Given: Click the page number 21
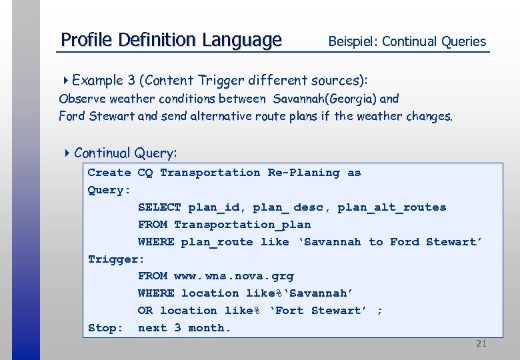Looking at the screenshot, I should pyautogui.click(x=481, y=344).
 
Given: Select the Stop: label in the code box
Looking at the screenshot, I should pyautogui.click(x=105, y=328).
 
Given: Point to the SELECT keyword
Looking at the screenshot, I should pyautogui.click(x=159, y=207).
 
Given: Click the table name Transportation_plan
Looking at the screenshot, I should pyautogui.click(x=242, y=225).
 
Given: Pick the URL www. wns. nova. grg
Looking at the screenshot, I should pyautogui.click(x=233, y=276).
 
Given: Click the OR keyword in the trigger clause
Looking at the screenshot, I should pyautogui.click(x=145, y=311).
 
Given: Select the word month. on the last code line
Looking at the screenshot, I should pyautogui.click(x=209, y=328).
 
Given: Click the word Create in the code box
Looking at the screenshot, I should pyautogui.click(x=109, y=173).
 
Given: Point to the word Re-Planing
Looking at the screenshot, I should pyautogui.click(x=303, y=173).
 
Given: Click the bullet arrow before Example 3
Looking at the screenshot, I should pyautogui.click(x=66, y=81).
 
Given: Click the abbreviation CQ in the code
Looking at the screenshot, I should pyautogui.click(x=145, y=173).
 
